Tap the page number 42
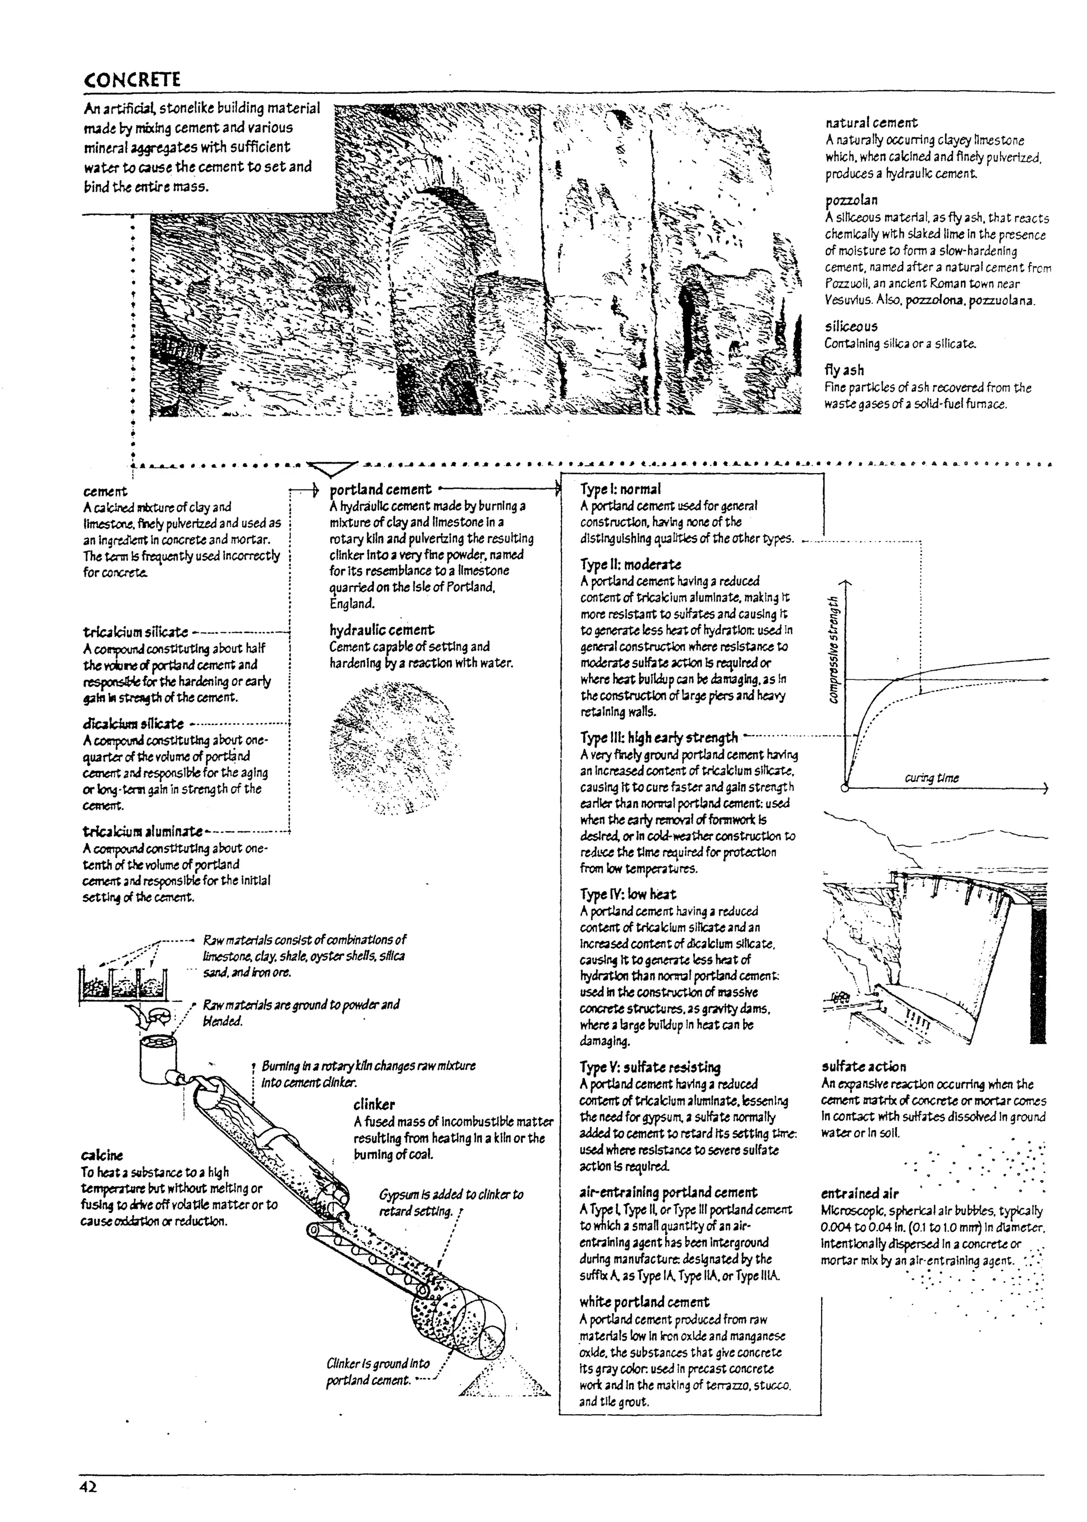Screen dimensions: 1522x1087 88,1487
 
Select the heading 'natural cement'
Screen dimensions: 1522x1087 871,123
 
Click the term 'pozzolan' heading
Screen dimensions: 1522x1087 851,200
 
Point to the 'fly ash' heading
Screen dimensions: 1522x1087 843,370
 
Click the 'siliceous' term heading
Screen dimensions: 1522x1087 851,326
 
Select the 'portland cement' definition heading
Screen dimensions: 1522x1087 381,489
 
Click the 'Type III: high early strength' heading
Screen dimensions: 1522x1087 659,737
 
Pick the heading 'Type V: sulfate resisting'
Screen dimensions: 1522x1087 650,1068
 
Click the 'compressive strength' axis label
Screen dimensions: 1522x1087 833,649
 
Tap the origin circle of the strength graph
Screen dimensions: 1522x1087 846,788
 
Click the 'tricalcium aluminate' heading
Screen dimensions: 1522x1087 143,831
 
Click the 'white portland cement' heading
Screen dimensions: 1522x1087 644,1302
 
